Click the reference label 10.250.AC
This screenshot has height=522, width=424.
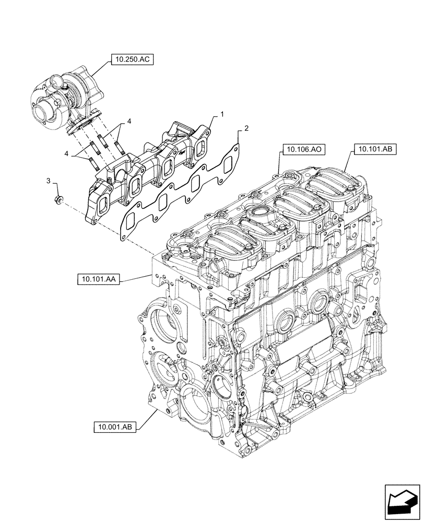click(131, 60)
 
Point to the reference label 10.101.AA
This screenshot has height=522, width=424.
click(98, 280)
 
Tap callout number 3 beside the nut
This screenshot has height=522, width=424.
click(49, 181)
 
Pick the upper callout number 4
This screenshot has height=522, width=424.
click(128, 122)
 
